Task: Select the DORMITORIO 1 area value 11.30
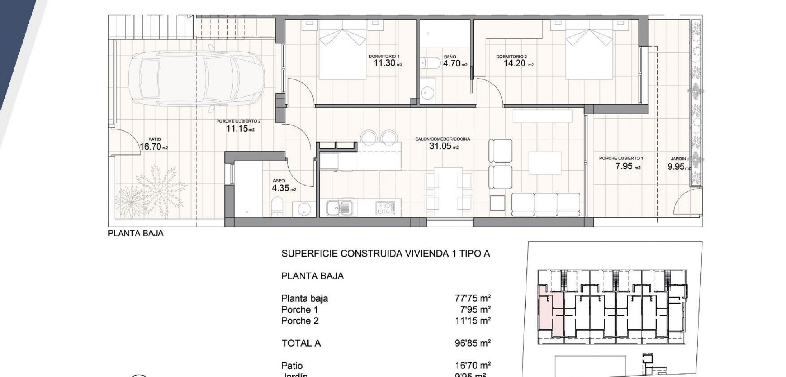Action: (x=384, y=63)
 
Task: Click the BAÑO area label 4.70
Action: (x=452, y=64)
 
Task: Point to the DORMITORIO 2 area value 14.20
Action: (x=514, y=63)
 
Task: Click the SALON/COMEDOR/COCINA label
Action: (x=443, y=139)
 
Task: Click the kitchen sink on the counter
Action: (x=339, y=207)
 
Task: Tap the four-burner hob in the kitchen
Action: (x=385, y=208)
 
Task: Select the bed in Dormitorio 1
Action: (x=342, y=49)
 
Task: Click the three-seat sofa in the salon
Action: (x=546, y=204)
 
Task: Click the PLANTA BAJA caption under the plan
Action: (x=136, y=233)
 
